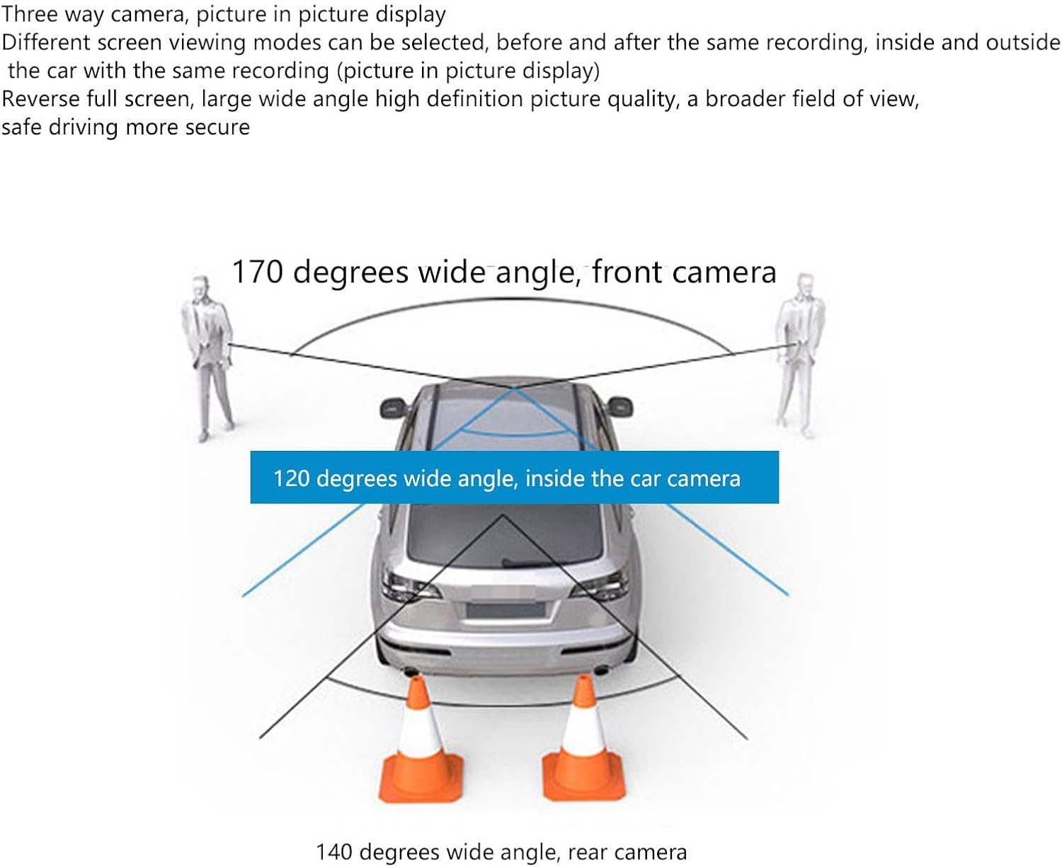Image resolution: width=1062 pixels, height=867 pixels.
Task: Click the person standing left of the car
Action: tap(207, 354)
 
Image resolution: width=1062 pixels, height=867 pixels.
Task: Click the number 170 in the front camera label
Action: tap(257, 272)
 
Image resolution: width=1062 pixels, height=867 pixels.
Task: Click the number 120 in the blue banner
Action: tap(291, 479)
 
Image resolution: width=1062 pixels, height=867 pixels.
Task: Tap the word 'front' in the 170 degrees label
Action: tap(627, 272)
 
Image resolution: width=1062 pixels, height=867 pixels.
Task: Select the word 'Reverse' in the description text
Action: tap(42, 99)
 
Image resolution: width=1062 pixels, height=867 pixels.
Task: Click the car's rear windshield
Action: tap(504, 534)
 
